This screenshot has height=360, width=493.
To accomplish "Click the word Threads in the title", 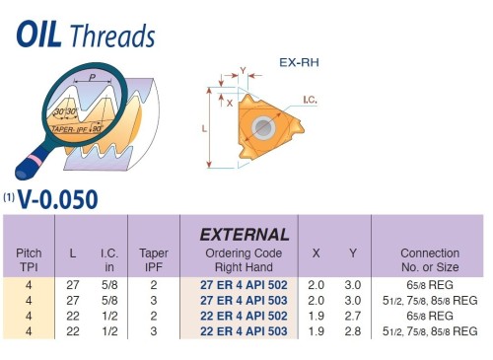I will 113,36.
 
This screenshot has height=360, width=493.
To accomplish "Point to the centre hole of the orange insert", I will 264,128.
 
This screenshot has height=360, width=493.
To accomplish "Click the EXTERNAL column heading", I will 245,235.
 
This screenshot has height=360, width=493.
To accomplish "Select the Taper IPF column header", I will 154,259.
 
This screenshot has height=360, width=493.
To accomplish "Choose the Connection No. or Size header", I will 430,259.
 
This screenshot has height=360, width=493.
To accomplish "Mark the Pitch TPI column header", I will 30,259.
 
